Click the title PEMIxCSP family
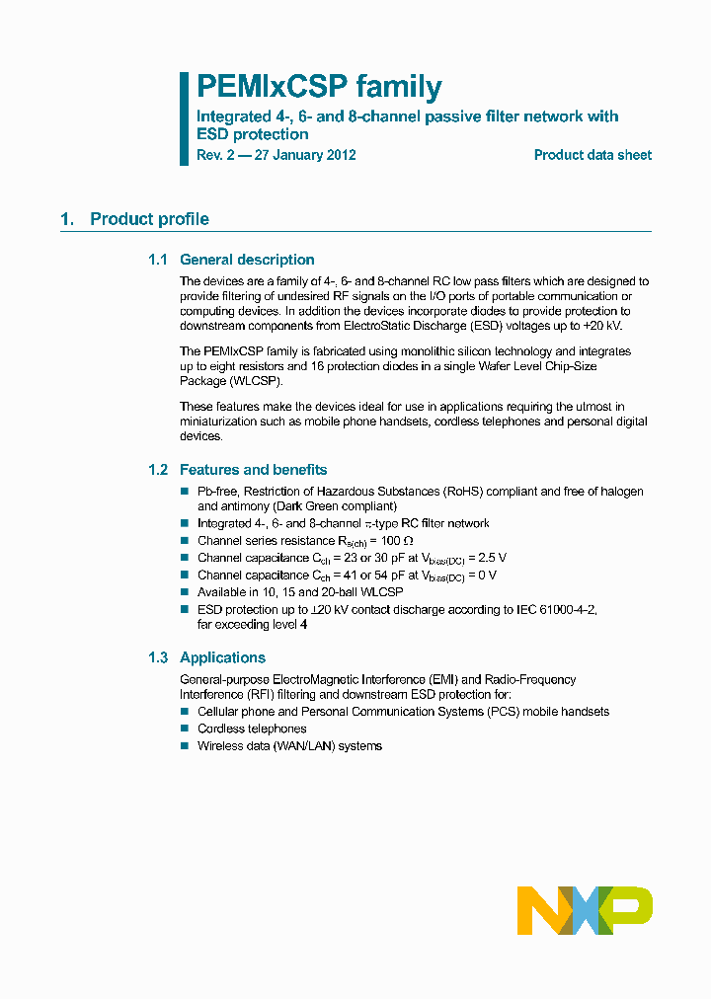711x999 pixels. [x=319, y=88]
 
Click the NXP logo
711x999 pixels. [x=585, y=909]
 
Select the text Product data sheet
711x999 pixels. [x=592, y=155]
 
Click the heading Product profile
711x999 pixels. [x=149, y=219]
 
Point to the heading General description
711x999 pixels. [x=247, y=260]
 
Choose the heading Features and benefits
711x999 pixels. [x=253, y=470]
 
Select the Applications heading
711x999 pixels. [x=222, y=657]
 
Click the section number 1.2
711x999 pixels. [x=158, y=470]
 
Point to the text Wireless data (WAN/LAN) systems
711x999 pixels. [x=289, y=746]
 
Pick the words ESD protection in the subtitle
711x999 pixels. [x=253, y=134]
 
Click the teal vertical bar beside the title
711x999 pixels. [x=184, y=117]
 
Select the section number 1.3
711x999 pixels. [x=158, y=657]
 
